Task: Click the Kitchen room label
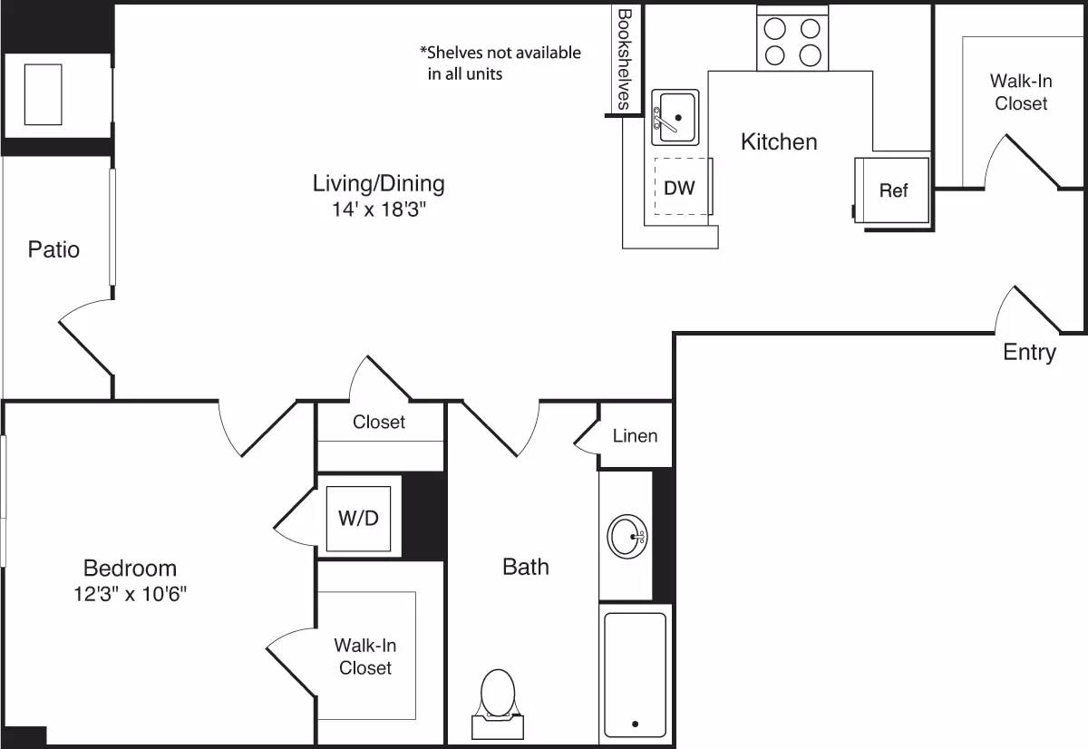click(779, 141)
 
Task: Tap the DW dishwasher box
click(680, 188)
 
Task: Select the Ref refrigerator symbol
click(892, 190)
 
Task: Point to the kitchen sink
click(675, 118)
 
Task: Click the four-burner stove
click(792, 42)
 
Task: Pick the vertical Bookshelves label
click(624, 59)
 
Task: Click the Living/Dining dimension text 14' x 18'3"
click(379, 210)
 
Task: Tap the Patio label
click(53, 249)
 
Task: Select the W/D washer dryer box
click(359, 520)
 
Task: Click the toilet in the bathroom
click(497, 696)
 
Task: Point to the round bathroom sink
click(627, 536)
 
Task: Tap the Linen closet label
click(635, 436)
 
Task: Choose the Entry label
click(1029, 352)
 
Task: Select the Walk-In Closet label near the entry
click(1021, 92)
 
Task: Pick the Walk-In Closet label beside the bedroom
click(365, 657)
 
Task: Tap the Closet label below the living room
click(379, 422)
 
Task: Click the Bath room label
click(526, 567)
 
